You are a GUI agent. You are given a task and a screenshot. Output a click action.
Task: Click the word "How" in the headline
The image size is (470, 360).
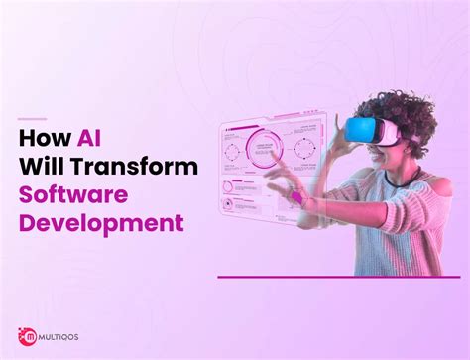tap(41, 141)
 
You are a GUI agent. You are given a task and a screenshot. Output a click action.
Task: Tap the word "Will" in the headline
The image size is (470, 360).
tap(43, 168)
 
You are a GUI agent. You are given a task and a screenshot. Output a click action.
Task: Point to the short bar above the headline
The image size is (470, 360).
tap(33, 120)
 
